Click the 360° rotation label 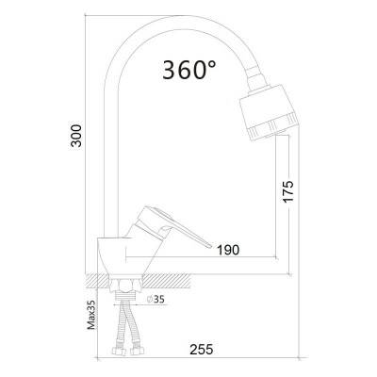pos(189,70)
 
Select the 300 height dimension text pos(76,136)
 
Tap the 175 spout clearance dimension pos(288,191)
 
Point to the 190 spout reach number pos(228,250)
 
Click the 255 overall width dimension pos(202,349)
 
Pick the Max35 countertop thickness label pos(91,314)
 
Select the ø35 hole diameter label pos(156,300)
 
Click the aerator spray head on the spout pos(269,112)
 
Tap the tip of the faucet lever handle pos(210,245)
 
